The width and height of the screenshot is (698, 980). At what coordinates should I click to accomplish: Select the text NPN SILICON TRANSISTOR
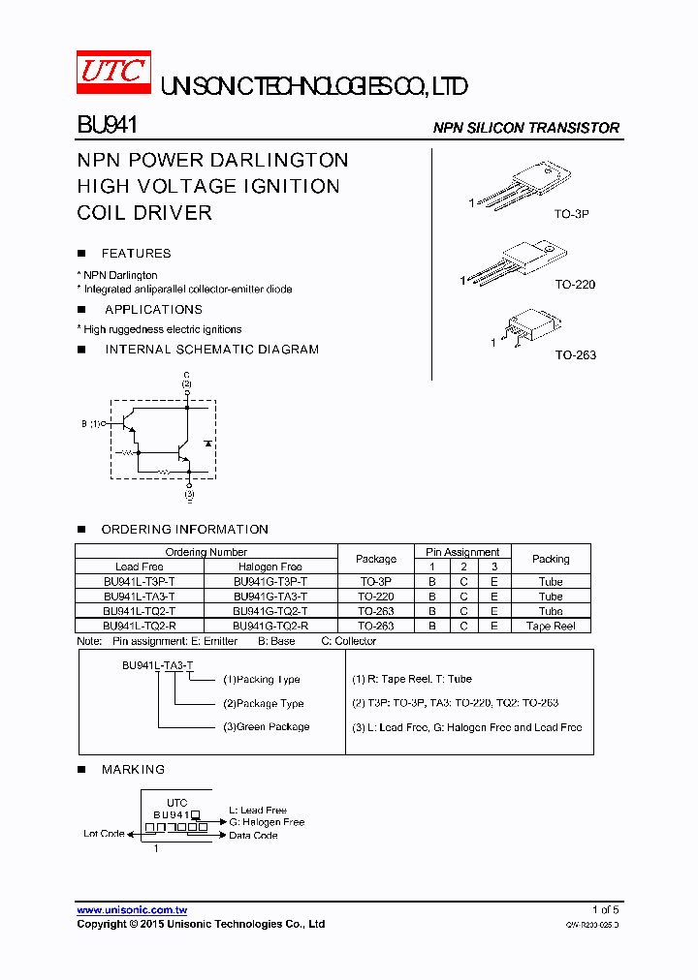[525, 128]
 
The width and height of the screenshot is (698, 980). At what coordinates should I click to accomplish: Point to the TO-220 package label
[575, 285]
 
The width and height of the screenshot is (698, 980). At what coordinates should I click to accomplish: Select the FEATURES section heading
[136, 254]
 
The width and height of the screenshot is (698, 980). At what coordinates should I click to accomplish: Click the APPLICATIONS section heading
[153, 310]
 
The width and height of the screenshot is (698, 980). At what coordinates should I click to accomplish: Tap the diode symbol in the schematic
[207, 443]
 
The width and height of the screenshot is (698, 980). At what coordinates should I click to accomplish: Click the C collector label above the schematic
[186, 374]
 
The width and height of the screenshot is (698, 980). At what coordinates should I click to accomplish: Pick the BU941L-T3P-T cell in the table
[140, 582]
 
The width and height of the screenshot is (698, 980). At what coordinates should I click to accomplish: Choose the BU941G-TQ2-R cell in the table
[270, 627]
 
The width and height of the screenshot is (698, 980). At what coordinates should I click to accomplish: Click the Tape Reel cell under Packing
[551, 627]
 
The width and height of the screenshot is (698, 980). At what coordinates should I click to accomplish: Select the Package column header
[376, 559]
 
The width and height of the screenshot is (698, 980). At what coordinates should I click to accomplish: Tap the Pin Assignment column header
[463, 552]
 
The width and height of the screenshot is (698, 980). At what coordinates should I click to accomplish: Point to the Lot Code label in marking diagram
[105, 834]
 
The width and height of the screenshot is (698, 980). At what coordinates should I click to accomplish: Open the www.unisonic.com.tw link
[132, 910]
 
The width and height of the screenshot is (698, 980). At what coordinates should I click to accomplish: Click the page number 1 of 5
[605, 910]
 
